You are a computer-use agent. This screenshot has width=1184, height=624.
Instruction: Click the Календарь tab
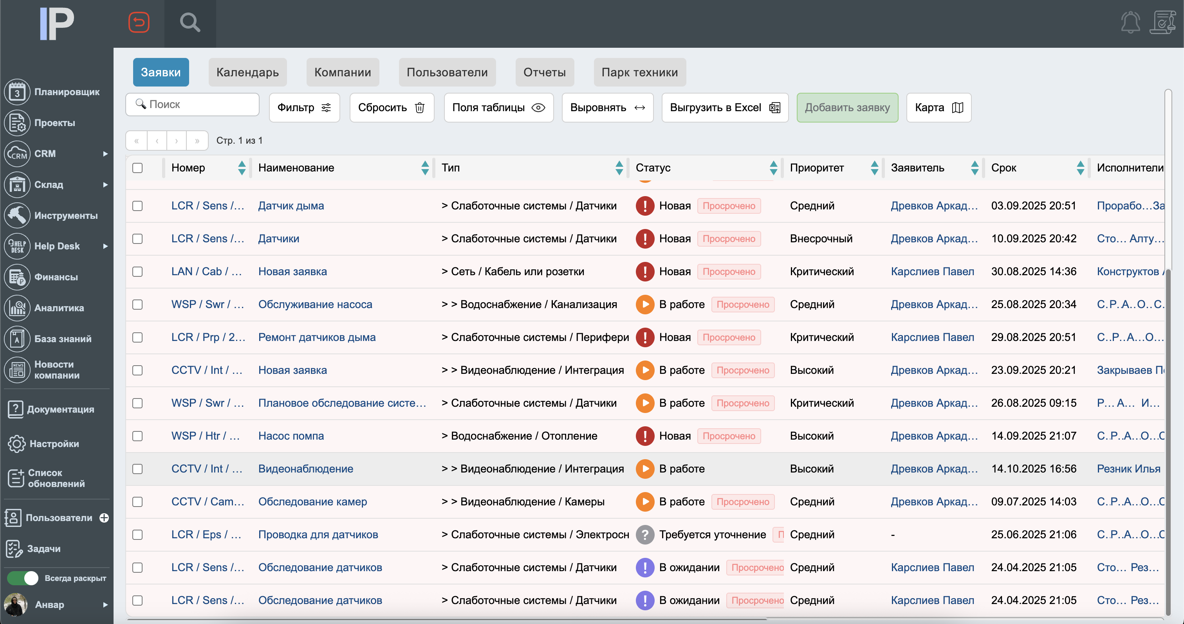(247, 72)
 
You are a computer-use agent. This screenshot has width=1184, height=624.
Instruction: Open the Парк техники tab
(639, 72)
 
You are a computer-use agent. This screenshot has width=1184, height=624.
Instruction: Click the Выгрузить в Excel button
(724, 108)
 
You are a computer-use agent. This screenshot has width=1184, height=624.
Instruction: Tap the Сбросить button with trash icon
(391, 108)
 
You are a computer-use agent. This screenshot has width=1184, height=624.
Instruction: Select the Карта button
(938, 108)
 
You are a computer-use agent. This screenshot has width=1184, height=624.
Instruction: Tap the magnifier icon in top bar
(190, 23)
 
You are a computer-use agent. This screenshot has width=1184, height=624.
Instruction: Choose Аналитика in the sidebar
(59, 308)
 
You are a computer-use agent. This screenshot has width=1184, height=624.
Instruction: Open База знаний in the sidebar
(63, 339)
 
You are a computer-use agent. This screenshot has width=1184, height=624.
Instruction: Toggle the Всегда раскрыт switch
(23, 578)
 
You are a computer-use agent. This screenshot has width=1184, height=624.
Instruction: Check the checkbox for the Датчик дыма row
(137, 206)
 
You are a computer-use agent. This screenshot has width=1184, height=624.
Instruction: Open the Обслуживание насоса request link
(315, 304)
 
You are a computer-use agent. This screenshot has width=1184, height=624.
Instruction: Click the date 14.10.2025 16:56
(1033, 469)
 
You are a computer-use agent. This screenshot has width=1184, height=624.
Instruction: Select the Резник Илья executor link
(1128, 469)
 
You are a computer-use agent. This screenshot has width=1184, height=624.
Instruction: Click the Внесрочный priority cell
(821, 238)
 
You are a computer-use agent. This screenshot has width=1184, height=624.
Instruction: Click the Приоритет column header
(817, 168)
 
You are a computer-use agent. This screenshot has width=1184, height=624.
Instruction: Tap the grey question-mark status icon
(645, 534)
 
